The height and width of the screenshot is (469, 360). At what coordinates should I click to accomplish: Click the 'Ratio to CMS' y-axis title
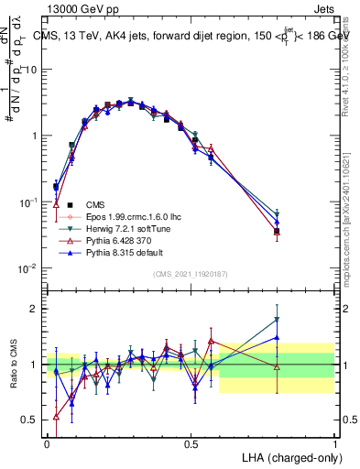[x=13, y=364]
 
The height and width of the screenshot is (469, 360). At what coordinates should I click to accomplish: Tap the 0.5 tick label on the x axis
[x=191, y=442]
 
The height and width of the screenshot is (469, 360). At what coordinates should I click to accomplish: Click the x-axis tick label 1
[x=335, y=442]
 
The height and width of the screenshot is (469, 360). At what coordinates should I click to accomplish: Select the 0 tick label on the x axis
[x=48, y=442]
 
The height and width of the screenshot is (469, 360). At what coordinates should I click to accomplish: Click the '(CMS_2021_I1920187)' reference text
[x=191, y=274]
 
